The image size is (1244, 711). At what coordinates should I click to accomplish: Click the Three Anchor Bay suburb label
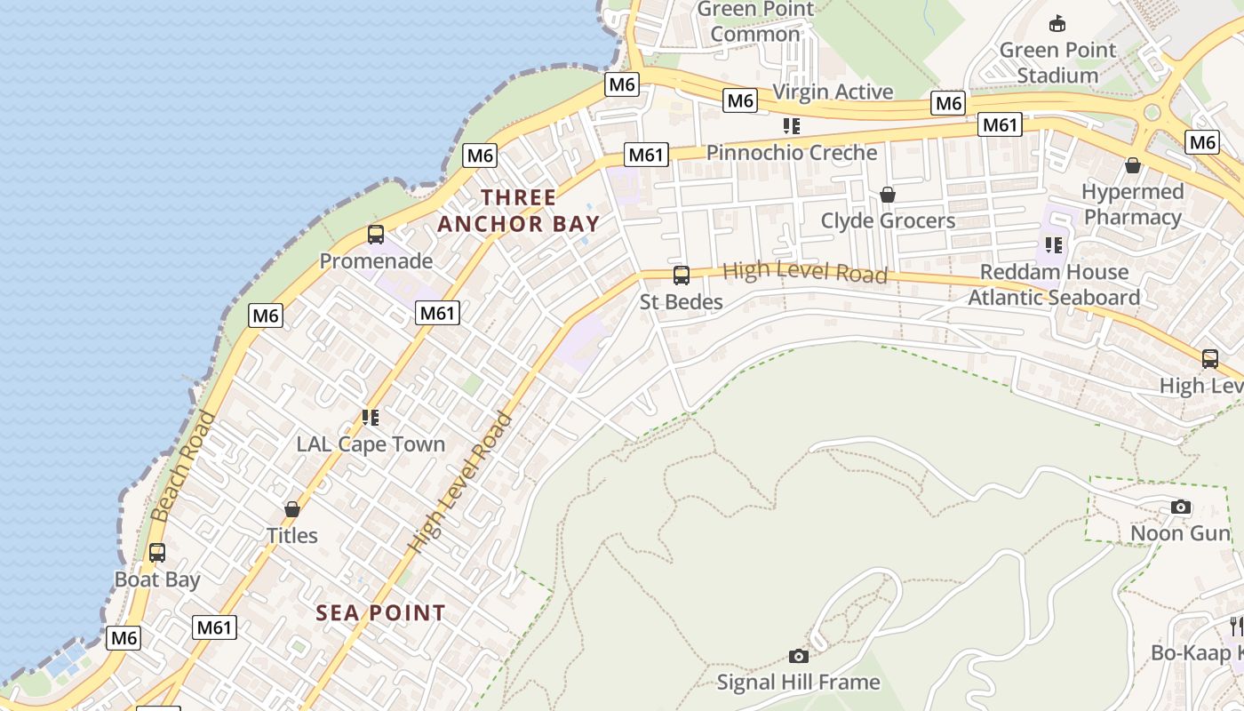point(519,211)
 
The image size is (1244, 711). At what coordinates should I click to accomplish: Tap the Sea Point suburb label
point(381,612)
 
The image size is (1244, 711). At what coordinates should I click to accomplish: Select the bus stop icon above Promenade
point(376,235)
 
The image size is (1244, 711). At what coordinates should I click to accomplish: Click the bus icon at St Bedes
point(682,276)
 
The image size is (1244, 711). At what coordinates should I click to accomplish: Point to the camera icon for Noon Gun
point(1180,507)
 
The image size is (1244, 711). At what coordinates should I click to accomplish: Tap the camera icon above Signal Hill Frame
point(799,656)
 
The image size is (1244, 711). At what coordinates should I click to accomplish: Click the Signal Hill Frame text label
point(798,682)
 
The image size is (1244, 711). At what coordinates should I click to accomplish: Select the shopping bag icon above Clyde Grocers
point(887,195)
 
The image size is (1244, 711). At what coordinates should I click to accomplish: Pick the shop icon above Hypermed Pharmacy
point(1133,165)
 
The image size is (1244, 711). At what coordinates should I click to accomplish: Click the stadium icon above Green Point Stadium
point(1057,24)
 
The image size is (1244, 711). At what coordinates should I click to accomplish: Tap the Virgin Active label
point(833,92)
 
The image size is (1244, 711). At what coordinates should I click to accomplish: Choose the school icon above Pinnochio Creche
point(791,126)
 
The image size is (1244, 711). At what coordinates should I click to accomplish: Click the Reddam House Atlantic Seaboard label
point(1054,284)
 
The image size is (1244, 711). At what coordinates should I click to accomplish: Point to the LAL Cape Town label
point(371,443)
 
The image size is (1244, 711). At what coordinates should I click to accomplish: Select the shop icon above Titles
point(291,509)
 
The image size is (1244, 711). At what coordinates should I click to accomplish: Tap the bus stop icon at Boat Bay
point(157,553)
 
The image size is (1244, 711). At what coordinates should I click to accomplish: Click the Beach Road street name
point(184,466)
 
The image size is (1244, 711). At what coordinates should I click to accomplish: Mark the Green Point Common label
point(755,21)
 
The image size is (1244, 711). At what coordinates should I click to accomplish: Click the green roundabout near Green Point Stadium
point(1152,113)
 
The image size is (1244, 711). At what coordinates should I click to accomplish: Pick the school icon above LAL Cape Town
point(371,417)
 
